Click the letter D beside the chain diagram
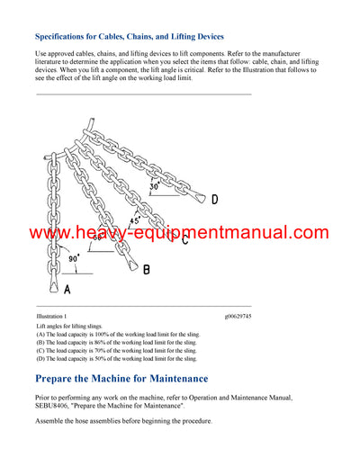click(x=214, y=200)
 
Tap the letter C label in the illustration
click(x=184, y=239)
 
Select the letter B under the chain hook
click(x=147, y=269)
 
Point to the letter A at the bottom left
click(x=66, y=290)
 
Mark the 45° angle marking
click(x=134, y=220)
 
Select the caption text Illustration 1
click(x=52, y=317)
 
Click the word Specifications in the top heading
click(x=67, y=37)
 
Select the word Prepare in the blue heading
click(x=64, y=379)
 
